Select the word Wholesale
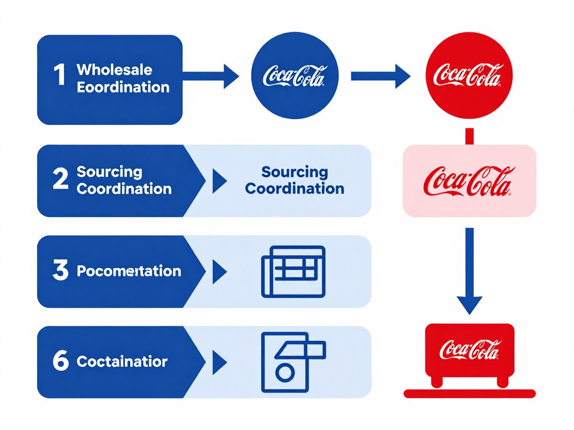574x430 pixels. (x=114, y=70)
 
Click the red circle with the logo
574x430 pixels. (x=469, y=75)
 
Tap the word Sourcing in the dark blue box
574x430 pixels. (x=109, y=172)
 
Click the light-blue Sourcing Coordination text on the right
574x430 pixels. (x=295, y=180)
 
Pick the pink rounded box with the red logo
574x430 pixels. (x=469, y=180)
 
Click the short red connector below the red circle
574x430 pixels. (x=470, y=136)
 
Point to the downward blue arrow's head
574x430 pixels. (x=470, y=305)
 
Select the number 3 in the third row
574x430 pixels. (x=60, y=271)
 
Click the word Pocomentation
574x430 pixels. (x=128, y=272)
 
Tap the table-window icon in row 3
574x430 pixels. (x=293, y=271)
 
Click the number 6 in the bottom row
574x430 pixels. (x=60, y=362)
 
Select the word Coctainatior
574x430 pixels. (x=122, y=362)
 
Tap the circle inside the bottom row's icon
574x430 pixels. (x=285, y=372)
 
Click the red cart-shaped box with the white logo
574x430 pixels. (x=470, y=350)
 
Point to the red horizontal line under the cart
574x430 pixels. (x=470, y=394)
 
